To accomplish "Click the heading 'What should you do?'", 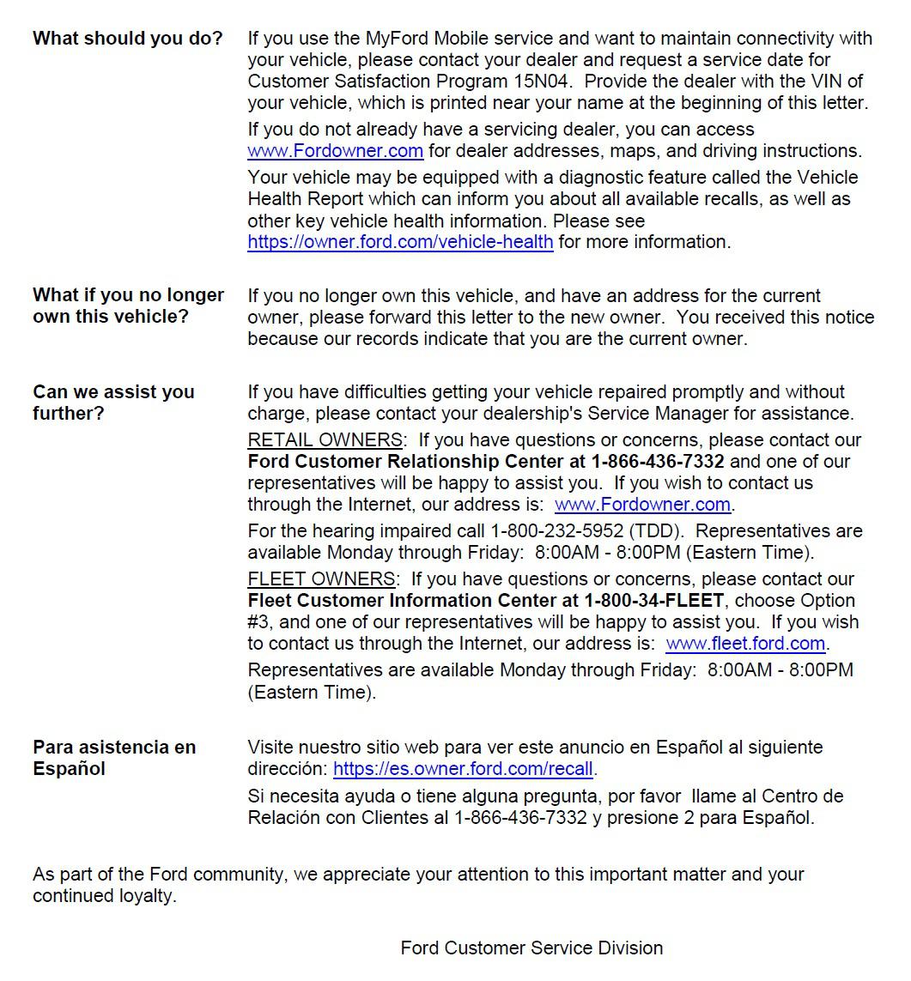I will [127, 39].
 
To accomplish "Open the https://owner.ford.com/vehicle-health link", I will [400, 242].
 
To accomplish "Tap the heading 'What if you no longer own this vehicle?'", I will [128, 306].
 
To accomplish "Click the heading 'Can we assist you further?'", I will [113, 403].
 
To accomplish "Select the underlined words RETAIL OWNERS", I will [325, 440].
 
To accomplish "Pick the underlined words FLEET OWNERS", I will [321, 579].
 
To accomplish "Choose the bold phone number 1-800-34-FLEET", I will [654, 601].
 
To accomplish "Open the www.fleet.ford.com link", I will [745, 644].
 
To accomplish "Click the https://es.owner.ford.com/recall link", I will [464, 769].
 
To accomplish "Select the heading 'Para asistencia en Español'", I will [114, 758].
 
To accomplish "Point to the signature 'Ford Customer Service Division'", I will [531, 948].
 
